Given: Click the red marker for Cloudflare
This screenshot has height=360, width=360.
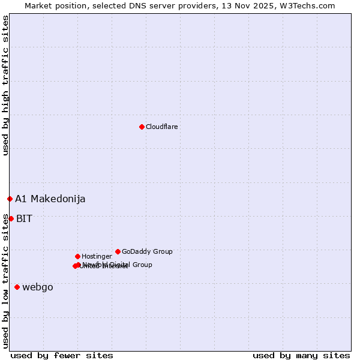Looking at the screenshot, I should pyautogui.click(x=142, y=127).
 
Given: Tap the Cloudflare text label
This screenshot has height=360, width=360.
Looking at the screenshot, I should pyautogui.click(x=162, y=127).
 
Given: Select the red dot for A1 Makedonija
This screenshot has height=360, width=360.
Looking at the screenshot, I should pyautogui.click(x=10, y=199).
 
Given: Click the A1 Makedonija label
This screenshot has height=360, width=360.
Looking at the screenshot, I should pyautogui.click(x=50, y=199).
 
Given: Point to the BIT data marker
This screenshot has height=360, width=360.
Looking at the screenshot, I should pyautogui.click(x=11, y=218).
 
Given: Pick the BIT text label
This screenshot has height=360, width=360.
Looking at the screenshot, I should pyautogui.click(x=24, y=219).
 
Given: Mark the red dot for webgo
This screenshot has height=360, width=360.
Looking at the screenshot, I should pyautogui.click(x=17, y=287).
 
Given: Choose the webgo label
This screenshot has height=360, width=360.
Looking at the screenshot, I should pyautogui.click(x=38, y=287).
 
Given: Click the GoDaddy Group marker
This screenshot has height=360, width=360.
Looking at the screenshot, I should pyautogui.click(x=118, y=251).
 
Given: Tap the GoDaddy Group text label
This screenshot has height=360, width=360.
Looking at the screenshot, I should pyautogui.click(x=147, y=252).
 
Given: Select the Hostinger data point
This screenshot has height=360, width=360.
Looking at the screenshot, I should pyautogui.click(x=77, y=256).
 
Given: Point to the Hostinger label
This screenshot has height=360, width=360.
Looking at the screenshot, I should pyautogui.click(x=97, y=257).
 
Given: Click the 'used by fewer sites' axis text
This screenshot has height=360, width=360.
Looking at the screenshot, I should pyautogui.click(x=62, y=355).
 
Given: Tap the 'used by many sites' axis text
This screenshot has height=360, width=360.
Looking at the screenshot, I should pyautogui.click(x=301, y=355).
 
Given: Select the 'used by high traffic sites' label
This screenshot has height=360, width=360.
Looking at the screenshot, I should pyautogui.click(x=5, y=85).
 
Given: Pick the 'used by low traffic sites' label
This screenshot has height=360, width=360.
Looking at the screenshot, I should pyautogui.click(x=5, y=281).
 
